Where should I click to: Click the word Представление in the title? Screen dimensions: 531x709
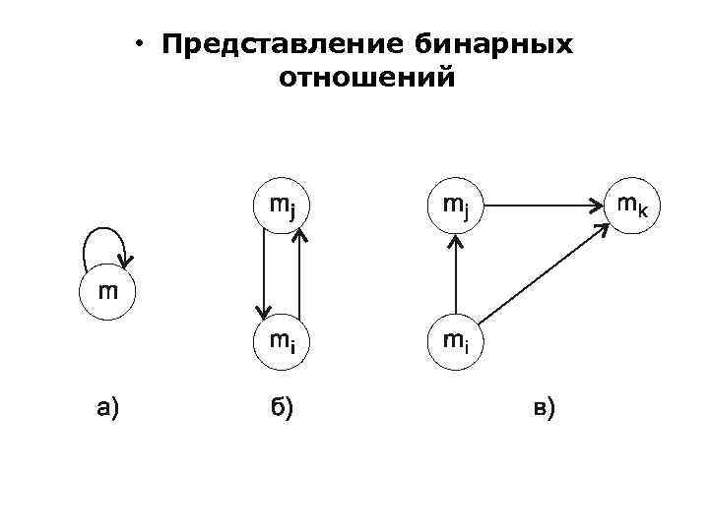(274, 45)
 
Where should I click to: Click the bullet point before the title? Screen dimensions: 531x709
(142, 44)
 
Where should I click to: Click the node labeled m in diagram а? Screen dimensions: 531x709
(108, 292)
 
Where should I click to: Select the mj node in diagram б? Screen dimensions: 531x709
(282, 207)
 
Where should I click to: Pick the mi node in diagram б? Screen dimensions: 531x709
(282, 341)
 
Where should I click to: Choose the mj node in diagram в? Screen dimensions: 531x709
(455, 207)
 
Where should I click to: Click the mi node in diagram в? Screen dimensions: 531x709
(455, 341)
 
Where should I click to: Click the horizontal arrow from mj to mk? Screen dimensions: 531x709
(543, 206)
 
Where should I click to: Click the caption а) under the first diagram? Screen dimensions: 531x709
(107, 406)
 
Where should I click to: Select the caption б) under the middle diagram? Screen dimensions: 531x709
(282, 406)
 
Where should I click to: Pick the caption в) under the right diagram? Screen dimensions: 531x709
(543, 406)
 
